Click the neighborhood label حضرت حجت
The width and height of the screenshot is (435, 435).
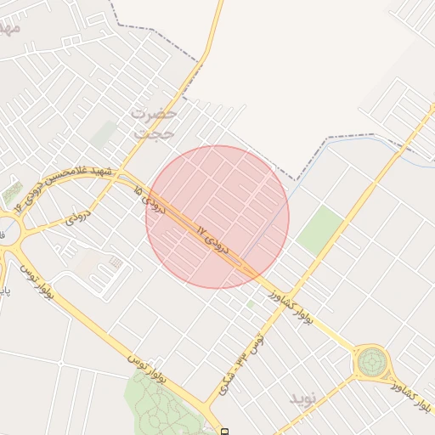click(x=155, y=123)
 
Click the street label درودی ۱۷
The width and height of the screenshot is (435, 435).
click(x=212, y=240)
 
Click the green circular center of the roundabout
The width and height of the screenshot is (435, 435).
click(x=371, y=363)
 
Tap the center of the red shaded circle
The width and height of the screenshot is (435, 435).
click(x=217, y=217)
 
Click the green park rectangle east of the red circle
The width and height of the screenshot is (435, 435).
click(x=319, y=229)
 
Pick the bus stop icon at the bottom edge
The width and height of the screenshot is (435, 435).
click(x=225, y=432)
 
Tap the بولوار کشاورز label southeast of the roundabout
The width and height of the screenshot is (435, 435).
click(x=411, y=395)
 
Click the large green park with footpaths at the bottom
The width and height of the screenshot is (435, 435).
click(x=166, y=404)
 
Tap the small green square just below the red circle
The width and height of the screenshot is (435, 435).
click(x=250, y=303)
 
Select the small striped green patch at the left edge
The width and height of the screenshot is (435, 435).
click(x=12, y=193)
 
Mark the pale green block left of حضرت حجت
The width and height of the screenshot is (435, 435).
click(x=105, y=133)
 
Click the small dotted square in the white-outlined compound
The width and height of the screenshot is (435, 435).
click(x=116, y=263)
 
